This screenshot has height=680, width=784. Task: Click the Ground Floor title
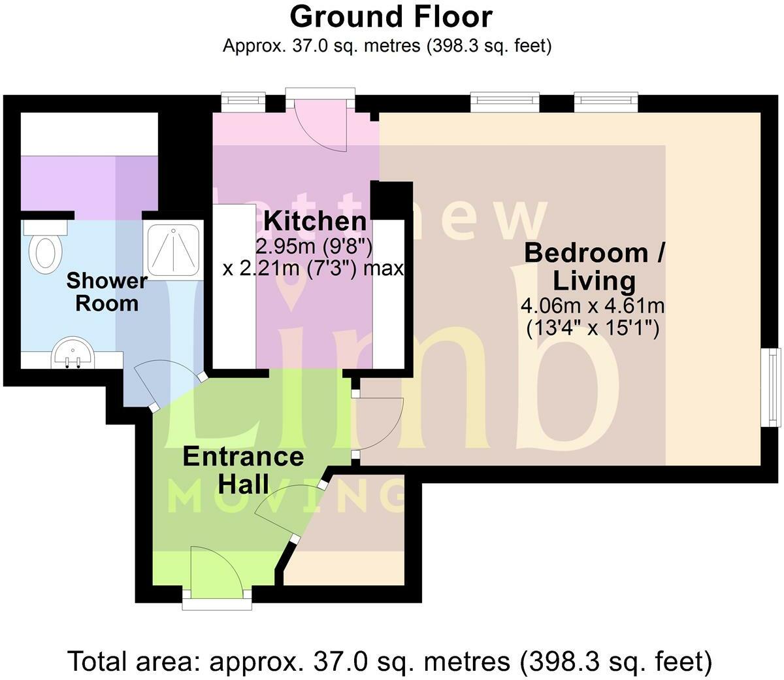[x=391, y=17]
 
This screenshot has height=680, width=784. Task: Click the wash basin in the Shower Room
[x=73, y=352]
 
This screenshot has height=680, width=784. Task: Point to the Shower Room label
[x=106, y=292]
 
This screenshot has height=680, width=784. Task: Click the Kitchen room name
[x=315, y=221]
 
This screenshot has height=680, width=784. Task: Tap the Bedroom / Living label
[x=594, y=267]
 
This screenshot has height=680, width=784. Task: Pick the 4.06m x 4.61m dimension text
[x=593, y=305]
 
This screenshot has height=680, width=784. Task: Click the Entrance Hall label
[x=243, y=469]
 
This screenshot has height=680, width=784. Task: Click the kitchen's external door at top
[x=320, y=124]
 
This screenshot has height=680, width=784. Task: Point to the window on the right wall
[x=774, y=386]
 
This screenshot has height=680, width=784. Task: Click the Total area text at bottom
[x=391, y=662]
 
